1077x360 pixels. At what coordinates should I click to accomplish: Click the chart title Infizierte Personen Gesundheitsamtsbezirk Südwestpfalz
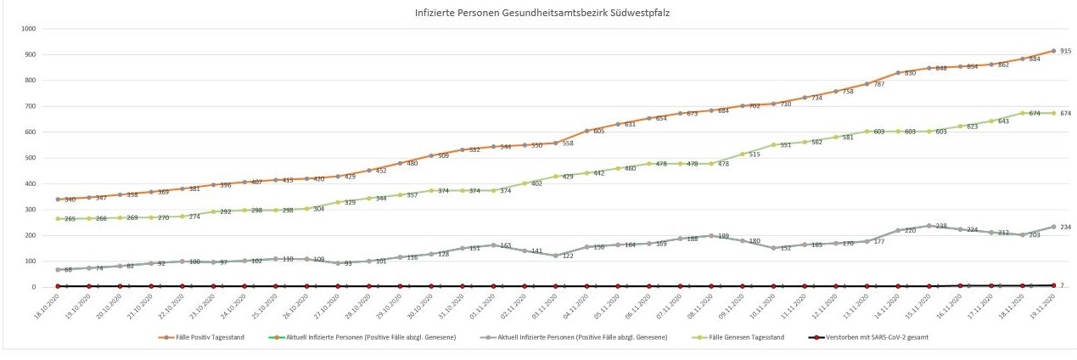coord(538,13)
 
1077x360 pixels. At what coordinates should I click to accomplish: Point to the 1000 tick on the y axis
coord(28,29)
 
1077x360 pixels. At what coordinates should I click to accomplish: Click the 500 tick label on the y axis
coord(30,158)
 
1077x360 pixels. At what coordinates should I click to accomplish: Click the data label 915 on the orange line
coord(1065,52)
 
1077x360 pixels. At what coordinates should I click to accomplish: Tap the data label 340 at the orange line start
coord(70,200)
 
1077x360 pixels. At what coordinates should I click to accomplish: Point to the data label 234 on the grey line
coord(1066,227)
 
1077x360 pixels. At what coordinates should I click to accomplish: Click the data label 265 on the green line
coord(70,219)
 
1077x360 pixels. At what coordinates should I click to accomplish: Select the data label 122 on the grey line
coord(569,256)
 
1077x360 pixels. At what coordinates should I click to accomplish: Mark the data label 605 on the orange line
coord(599,132)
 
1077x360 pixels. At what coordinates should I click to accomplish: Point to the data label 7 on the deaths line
coord(1063,285)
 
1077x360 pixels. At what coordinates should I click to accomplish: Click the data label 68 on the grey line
coord(68,270)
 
